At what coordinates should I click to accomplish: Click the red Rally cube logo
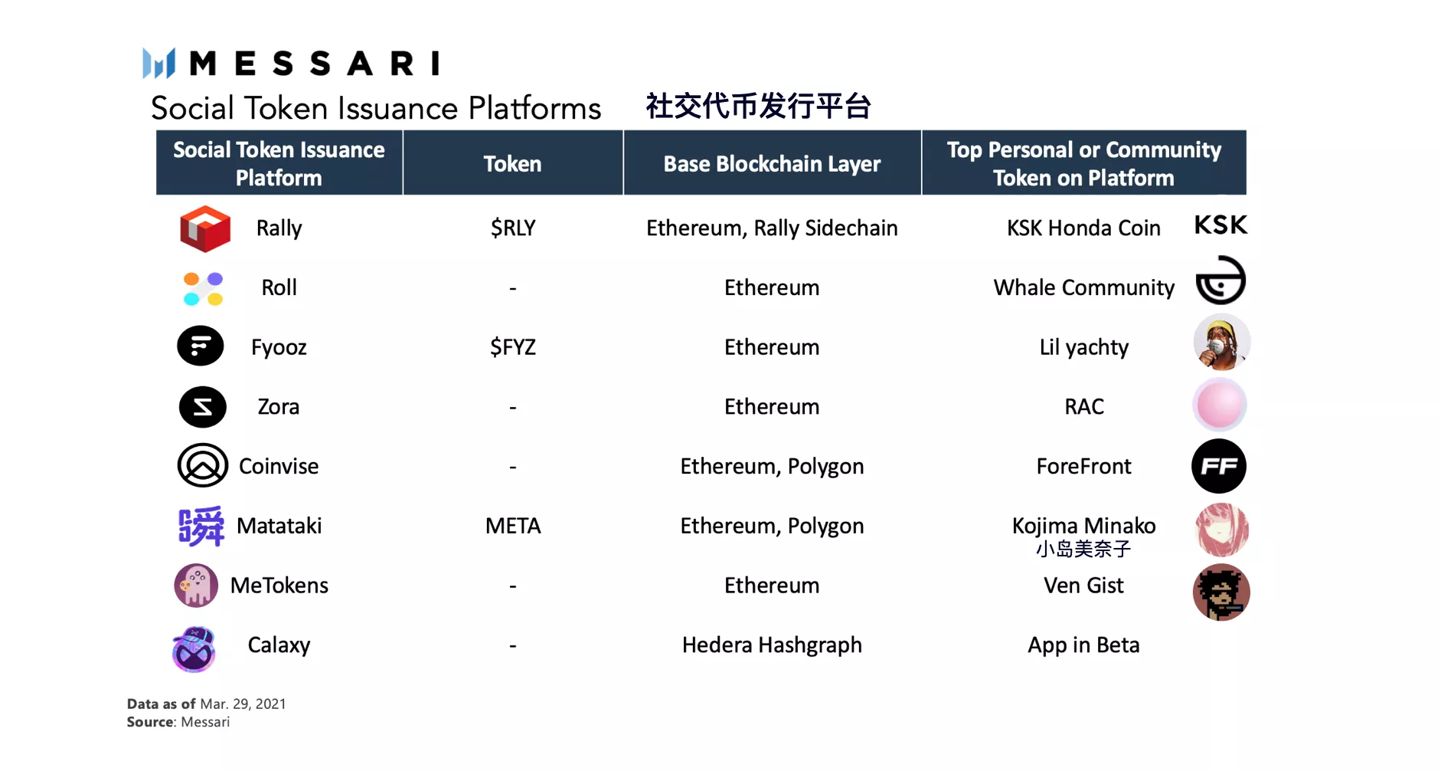(204, 228)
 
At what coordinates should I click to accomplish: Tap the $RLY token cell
(513, 228)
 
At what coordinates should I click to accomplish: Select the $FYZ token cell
(513, 347)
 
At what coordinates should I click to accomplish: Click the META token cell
(513, 526)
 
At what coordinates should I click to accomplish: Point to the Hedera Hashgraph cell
(772, 645)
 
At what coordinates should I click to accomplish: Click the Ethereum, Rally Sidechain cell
(772, 228)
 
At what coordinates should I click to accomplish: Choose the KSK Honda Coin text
(1083, 228)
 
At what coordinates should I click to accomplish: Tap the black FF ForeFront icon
(1219, 466)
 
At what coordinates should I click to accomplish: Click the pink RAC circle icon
(1220, 405)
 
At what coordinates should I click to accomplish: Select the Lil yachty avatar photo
(1221, 342)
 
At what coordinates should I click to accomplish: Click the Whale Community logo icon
(1220, 281)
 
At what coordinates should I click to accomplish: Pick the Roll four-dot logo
(203, 289)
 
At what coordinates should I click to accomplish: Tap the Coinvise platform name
(279, 467)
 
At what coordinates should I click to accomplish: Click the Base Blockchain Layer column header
(772, 164)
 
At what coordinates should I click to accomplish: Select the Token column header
(512, 164)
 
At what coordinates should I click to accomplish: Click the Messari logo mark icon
(159, 63)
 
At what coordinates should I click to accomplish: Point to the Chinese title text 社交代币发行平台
(758, 107)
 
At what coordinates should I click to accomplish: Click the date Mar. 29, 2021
(243, 704)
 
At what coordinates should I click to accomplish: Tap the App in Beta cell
(1083, 645)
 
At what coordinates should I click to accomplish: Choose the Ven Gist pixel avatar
(1221, 592)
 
